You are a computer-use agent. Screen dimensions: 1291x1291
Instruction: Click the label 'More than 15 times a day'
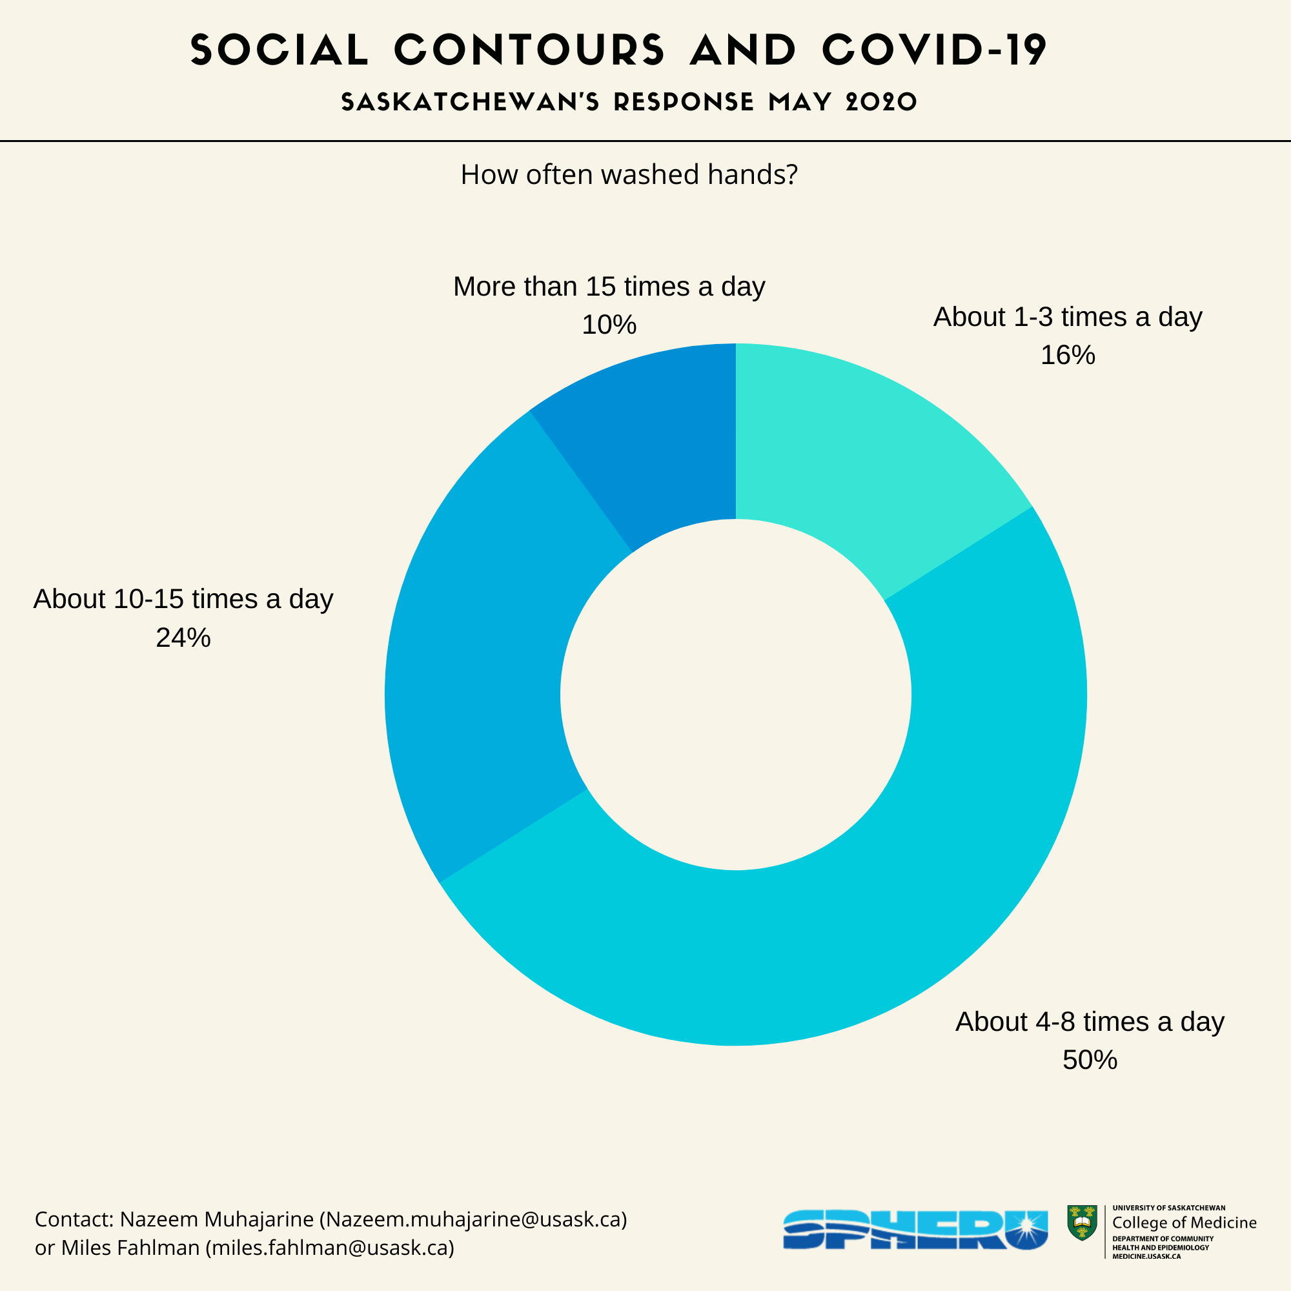[609, 287]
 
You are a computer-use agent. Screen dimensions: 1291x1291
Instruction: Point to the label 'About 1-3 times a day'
[1067, 317]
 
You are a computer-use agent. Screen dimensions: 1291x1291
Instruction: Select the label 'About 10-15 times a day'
[183, 599]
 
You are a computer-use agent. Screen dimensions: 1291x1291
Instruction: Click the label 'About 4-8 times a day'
[1089, 1022]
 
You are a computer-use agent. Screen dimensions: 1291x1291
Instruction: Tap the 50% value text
[1089, 1061]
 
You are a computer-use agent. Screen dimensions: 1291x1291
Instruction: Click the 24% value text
[183, 638]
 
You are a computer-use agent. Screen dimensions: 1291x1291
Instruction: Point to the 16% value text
[1067, 356]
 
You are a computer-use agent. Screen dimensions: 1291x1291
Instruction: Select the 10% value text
[609, 325]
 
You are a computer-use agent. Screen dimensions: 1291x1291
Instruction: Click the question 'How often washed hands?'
[629, 175]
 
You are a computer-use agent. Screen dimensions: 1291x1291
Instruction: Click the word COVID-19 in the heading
[934, 50]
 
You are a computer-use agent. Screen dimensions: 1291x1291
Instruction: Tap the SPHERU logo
[915, 1230]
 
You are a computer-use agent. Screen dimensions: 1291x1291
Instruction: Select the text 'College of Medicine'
[1184, 1223]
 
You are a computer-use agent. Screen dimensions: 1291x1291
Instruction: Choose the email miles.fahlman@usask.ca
[330, 1248]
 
